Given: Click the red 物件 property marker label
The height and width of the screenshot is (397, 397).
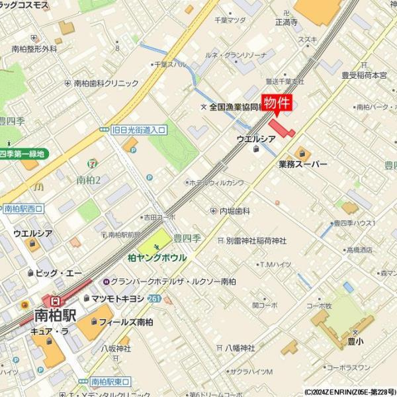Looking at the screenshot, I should pos(277,103).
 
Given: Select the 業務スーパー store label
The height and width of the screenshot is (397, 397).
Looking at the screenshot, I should pos(302,163).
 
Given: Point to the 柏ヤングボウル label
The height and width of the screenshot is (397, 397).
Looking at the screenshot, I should pos(157,257).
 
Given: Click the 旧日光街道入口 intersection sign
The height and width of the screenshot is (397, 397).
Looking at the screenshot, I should pos(139,130).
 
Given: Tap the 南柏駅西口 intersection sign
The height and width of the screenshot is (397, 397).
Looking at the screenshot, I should pos(22,208).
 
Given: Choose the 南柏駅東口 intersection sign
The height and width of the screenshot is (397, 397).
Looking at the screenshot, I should pos(110,381).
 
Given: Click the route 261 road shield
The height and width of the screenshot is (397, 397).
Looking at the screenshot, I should pos(154,299).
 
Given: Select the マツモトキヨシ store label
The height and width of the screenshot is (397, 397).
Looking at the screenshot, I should pos(118,299).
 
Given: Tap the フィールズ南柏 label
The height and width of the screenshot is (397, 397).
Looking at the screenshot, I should pos(126,322).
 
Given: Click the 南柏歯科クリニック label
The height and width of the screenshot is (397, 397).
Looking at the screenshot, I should pos(106,83).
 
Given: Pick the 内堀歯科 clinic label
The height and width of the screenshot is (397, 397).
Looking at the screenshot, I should pos(235,210).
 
